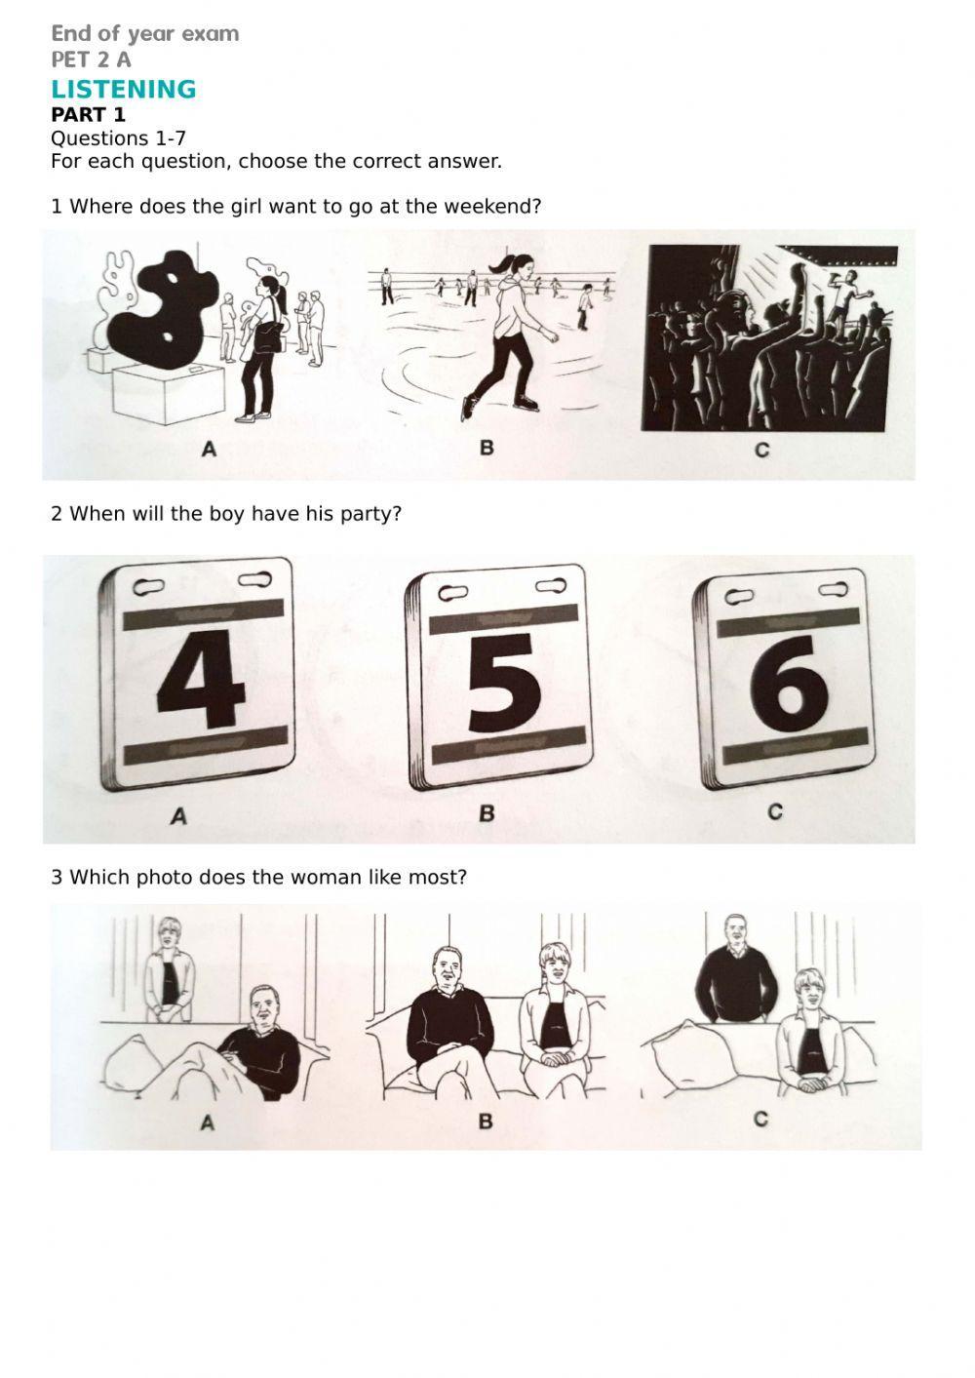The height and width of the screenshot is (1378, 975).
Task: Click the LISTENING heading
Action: (x=124, y=89)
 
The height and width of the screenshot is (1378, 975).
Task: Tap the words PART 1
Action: (x=88, y=114)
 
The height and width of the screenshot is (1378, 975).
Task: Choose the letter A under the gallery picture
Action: (x=210, y=450)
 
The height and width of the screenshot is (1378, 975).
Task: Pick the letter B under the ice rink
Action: (x=487, y=448)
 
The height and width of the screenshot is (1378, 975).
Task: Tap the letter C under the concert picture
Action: (x=761, y=451)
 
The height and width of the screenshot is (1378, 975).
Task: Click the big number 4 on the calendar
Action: (x=201, y=679)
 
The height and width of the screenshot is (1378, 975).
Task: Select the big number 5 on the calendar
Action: (x=504, y=683)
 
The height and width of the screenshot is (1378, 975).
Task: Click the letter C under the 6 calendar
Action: (x=775, y=812)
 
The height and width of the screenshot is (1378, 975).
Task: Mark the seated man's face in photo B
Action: (x=446, y=967)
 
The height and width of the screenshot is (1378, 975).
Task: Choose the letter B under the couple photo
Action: (x=486, y=1122)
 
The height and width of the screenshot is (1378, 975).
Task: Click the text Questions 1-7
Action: (x=118, y=138)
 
